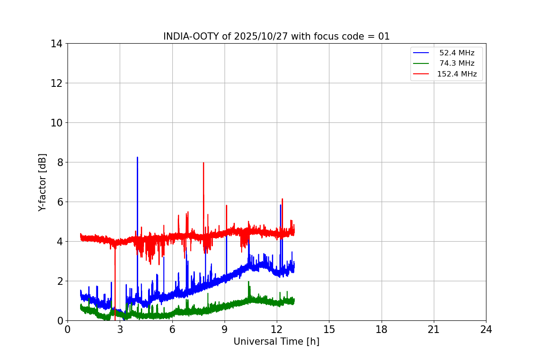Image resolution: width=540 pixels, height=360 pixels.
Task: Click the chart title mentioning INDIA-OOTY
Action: (276, 36)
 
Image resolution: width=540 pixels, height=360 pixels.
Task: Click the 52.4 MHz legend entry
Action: (456, 53)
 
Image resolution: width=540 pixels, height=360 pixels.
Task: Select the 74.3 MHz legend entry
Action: (456, 63)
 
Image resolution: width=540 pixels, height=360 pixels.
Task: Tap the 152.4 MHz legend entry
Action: (456, 74)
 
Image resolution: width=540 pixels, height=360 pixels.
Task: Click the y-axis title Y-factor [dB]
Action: (42, 182)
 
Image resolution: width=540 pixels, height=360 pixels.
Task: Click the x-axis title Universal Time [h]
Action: (276, 342)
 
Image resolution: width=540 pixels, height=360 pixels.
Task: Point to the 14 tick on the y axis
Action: (57, 44)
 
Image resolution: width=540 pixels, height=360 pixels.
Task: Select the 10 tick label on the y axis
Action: (57, 123)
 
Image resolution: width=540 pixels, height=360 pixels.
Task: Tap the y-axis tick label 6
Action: (59, 202)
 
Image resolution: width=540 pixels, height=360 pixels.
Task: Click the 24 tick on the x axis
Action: (486, 329)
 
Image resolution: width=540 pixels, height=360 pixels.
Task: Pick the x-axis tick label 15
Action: (329, 329)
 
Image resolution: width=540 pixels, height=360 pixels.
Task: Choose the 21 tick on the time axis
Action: (434, 329)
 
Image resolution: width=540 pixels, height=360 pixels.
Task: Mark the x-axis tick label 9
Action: (225, 329)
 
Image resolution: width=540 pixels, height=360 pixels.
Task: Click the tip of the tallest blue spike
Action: (137, 157)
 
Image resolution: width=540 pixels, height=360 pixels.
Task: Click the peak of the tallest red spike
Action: (203, 163)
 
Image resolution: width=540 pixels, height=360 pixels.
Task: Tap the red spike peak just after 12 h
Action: (282, 199)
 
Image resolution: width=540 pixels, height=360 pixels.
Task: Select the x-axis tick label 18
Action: (382, 329)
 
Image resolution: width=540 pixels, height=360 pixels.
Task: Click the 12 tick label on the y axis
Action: (57, 83)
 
